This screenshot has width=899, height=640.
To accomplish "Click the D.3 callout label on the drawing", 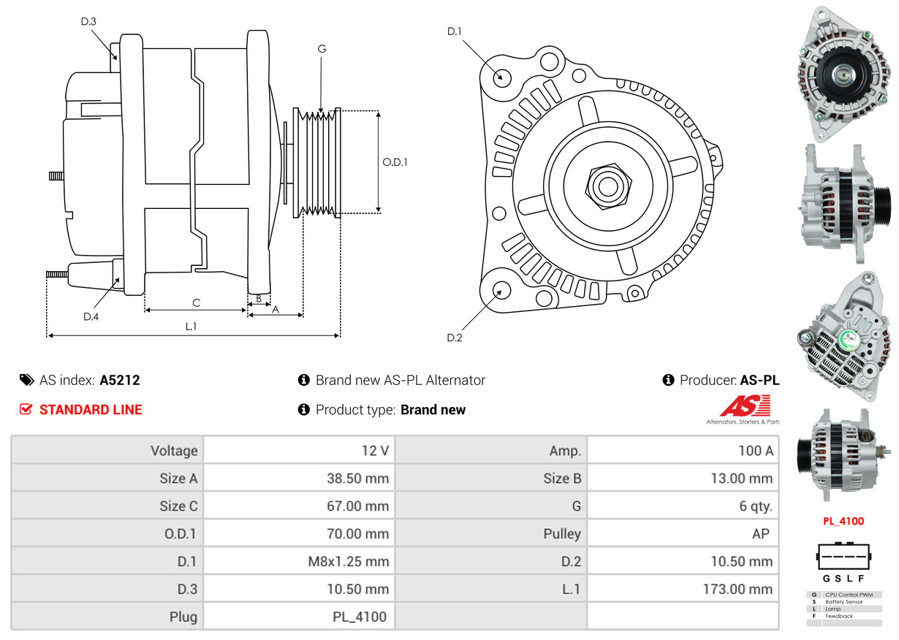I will pyautogui.click(x=88, y=22).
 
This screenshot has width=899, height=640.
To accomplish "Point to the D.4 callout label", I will pyautogui.click(x=91, y=316).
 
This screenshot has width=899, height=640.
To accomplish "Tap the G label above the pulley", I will pyautogui.click(x=322, y=49).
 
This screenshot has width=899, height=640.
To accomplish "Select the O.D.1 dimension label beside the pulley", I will pyautogui.click(x=395, y=162).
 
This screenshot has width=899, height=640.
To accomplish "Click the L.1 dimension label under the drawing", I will pyautogui.click(x=191, y=327).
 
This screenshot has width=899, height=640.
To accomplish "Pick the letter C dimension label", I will pyautogui.click(x=196, y=302).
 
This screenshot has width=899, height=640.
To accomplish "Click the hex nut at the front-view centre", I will pyautogui.click(x=606, y=185).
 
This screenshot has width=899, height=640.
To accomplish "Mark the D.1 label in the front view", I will pyautogui.click(x=455, y=31).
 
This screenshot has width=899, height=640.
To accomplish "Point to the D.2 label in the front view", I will pyautogui.click(x=455, y=338).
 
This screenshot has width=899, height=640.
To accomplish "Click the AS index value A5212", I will pyautogui.click(x=120, y=380).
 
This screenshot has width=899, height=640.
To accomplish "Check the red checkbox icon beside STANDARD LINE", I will pyautogui.click(x=26, y=410).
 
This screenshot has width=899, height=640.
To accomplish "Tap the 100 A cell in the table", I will pyautogui.click(x=755, y=451).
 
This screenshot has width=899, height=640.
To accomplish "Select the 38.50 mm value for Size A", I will pyautogui.click(x=357, y=479).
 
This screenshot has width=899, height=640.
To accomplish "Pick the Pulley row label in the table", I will pyautogui.click(x=562, y=534).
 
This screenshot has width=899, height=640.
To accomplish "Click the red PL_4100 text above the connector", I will pyautogui.click(x=843, y=522).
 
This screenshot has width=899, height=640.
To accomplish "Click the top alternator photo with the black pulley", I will pyautogui.click(x=844, y=74).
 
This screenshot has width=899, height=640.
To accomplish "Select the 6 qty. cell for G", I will pyautogui.click(x=756, y=506).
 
